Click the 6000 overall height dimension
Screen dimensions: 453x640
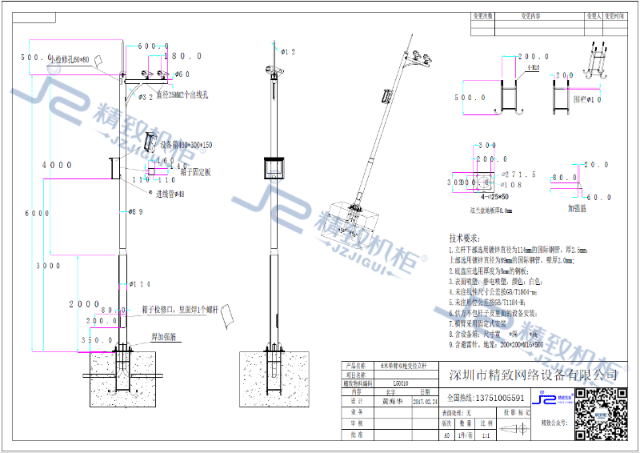[x=33, y=214]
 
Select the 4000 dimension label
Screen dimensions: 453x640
[x=57, y=165]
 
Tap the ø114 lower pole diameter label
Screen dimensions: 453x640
[x=140, y=284]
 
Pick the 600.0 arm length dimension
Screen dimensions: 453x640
[x=153, y=46]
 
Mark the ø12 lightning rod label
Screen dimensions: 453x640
[x=288, y=51]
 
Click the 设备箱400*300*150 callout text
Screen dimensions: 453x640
[x=186, y=145]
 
